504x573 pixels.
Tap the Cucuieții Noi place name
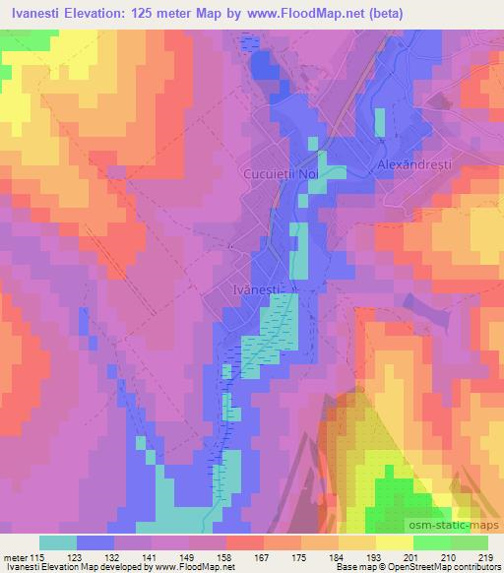click(282, 173)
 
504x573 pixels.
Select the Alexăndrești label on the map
click(414, 166)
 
